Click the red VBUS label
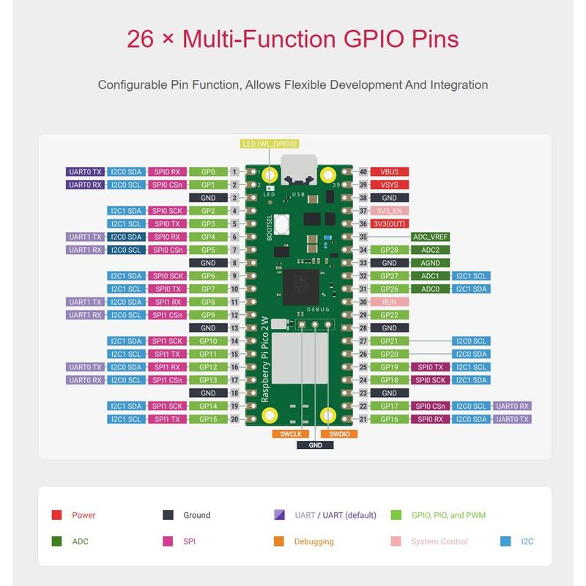tap(389, 171)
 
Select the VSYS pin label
tap(389, 185)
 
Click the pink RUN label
tap(389, 302)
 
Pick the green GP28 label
tap(389, 250)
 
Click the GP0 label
tap(207, 171)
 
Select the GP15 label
tap(207, 419)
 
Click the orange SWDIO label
tap(339, 434)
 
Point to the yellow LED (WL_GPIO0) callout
tap(270, 144)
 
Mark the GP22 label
tap(389, 315)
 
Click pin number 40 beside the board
tap(363, 171)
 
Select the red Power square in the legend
tap(56, 515)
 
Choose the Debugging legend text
tap(314, 541)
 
